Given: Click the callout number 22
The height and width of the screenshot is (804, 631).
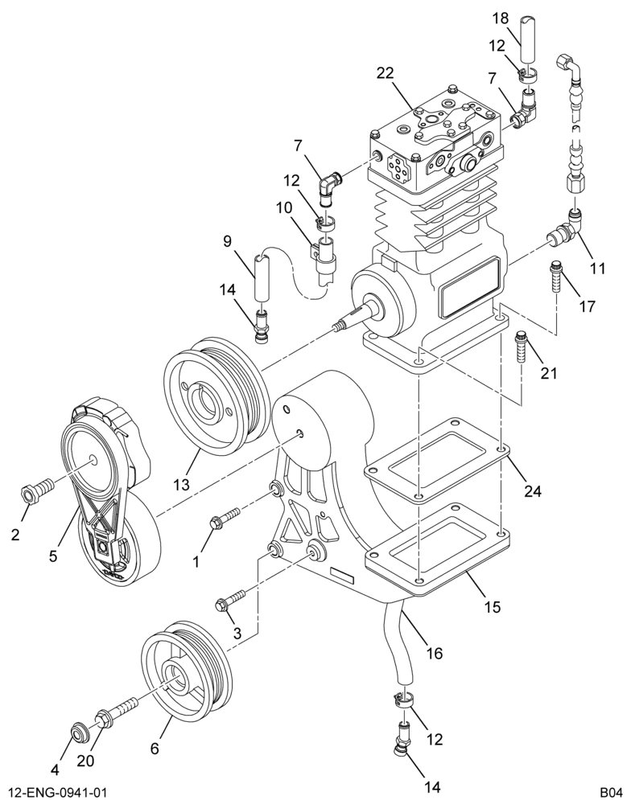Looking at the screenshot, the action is pos(385,73).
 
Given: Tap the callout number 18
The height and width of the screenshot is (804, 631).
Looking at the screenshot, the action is pos(501,18).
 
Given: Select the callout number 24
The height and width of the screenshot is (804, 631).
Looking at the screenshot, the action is pos(533,491).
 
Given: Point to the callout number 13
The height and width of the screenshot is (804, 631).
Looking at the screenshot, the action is pos(181,484).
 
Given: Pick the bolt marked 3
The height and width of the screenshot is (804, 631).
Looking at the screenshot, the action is pos(230,599).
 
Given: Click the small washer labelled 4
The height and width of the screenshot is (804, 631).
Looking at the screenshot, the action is pos(79,733).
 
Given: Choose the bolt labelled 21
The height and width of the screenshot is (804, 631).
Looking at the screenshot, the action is pos(521,347).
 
